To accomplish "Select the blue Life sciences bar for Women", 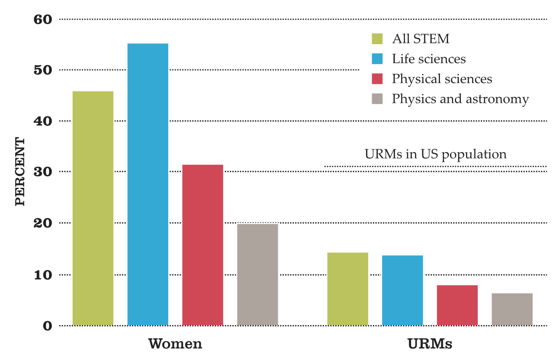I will click(x=148, y=184).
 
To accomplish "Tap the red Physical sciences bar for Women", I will click(x=202, y=245).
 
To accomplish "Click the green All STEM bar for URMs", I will click(x=348, y=289).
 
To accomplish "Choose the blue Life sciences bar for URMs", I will click(x=402, y=290).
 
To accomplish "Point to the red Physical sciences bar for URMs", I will click(x=457, y=305).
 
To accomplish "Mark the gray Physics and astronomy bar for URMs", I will click(x=512, y=309).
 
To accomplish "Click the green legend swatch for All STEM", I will click(x=377, y=39).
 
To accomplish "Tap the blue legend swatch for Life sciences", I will click(x=377, y=59).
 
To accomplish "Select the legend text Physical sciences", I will click(x=442, y=79).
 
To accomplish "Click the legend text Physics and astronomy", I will click(x=460, y=99).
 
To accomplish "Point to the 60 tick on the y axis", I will click(x=43, y=19).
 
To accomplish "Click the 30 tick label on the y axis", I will click(x=43, y=172).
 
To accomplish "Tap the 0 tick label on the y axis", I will click(x=47, y=326).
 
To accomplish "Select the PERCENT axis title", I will click(x=20, y=172).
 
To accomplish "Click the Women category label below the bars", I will click(x=175, y=344).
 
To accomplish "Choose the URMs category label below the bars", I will click(x=430, y=344).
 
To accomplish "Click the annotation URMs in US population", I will click(x=435, y=154).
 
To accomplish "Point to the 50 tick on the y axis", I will click(x=43, y=70).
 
